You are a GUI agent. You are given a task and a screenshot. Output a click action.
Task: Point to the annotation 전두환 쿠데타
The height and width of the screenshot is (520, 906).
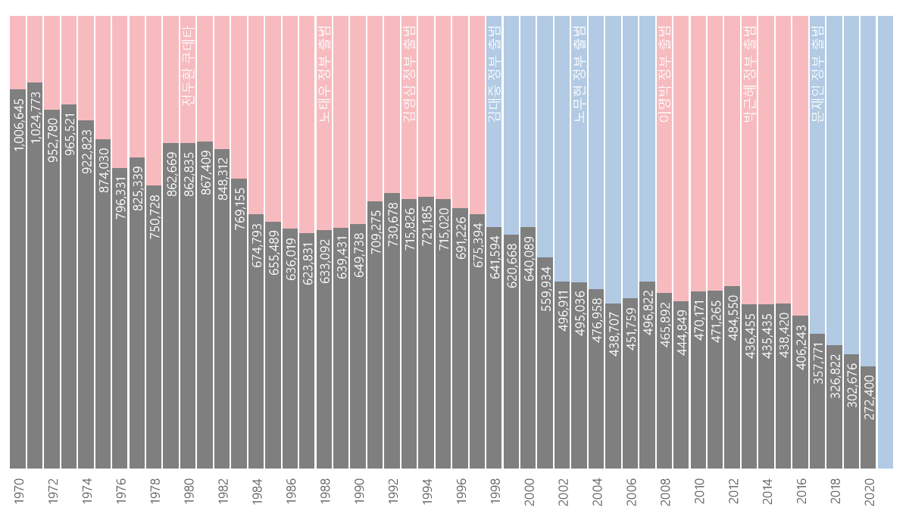coord(189,65)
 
